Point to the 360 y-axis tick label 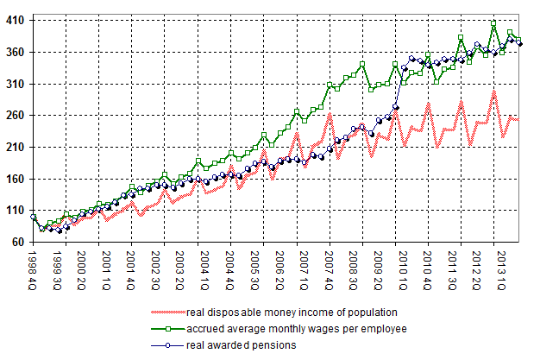[16, 53]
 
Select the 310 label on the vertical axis [16, 85]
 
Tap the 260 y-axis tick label [16, 116]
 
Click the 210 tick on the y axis [16, 148]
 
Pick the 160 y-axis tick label [16, 180]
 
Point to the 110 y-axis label [16, 211]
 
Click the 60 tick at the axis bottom [19, 243]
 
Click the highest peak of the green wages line [493, 22]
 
